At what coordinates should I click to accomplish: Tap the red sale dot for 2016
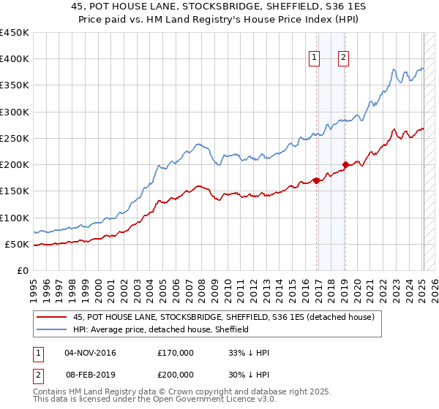click(316, 180)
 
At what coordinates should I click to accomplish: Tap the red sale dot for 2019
click(345, 164)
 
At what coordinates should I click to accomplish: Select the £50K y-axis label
click(18, 244)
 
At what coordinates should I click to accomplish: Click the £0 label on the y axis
click(23, 270)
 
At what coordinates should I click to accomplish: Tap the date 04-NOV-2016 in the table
click(90, 353)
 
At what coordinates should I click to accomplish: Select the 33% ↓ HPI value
click(249, 353)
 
